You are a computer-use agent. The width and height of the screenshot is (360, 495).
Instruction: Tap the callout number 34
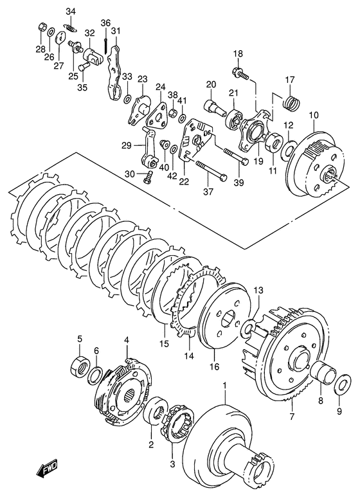(71, 12)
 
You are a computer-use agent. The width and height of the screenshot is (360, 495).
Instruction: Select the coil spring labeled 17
(292, 102)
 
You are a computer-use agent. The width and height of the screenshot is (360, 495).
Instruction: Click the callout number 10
(314, 116)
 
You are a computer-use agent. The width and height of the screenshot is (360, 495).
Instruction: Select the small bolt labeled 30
(148, 177)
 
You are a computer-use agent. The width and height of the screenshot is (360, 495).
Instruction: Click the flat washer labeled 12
(289, 148)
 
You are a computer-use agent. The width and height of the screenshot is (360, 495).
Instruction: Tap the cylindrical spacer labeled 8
(325, 373)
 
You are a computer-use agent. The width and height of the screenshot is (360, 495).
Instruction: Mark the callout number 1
(225, 386)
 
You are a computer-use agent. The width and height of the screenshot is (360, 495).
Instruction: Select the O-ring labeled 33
(127, 99)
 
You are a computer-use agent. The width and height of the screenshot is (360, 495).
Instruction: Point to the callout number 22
(184, 181)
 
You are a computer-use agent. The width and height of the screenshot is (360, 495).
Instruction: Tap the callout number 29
(127, 146)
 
